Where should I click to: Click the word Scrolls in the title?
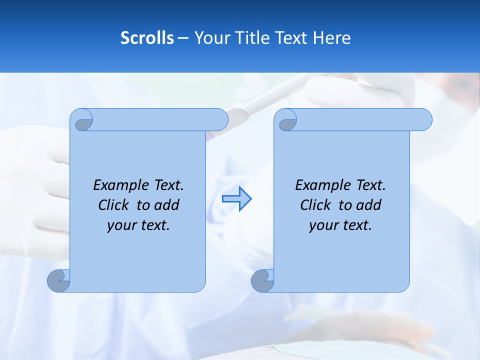[x=147, y=38]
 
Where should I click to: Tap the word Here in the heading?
[x=332, y=38]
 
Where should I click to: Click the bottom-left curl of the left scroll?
[x=59, y=281]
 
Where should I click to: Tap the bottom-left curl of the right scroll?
[x=262, y=281]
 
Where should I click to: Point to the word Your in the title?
[x=209, y=38]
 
